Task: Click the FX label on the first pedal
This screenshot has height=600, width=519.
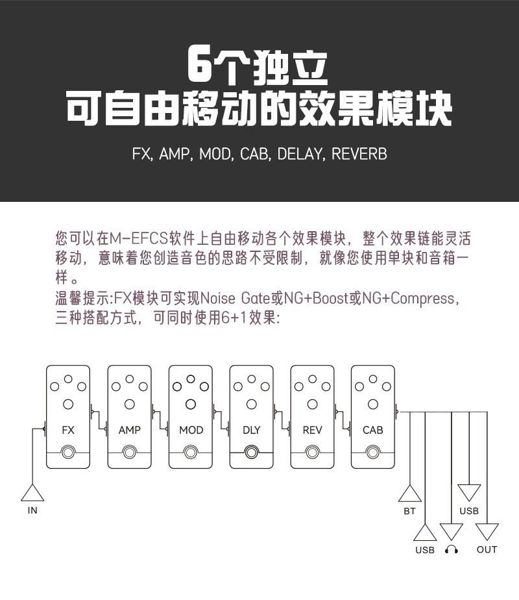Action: (68, 430)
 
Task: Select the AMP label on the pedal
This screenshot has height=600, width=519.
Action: (130, 430)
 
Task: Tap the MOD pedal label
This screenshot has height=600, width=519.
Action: (191, 430)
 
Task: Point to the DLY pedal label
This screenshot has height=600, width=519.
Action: (252, 430)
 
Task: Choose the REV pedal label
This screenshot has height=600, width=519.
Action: (312, 430)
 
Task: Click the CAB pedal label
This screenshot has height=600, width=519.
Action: (373, 430)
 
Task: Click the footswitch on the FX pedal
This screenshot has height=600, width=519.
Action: (68, 453)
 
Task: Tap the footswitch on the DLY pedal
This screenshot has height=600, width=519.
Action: (252, 453)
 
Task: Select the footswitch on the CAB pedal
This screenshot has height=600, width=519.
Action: (373, 453)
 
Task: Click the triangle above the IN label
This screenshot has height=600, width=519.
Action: (32, 493)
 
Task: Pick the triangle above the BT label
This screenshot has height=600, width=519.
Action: (410, 494)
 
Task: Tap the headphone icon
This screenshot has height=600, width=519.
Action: (452, 549)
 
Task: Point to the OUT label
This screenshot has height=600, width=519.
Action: (487, 550)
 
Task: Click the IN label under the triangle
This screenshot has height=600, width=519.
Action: (32, 510)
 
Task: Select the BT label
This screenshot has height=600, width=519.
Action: (409, 511)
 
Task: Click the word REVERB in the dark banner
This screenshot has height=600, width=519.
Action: (359, 155)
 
